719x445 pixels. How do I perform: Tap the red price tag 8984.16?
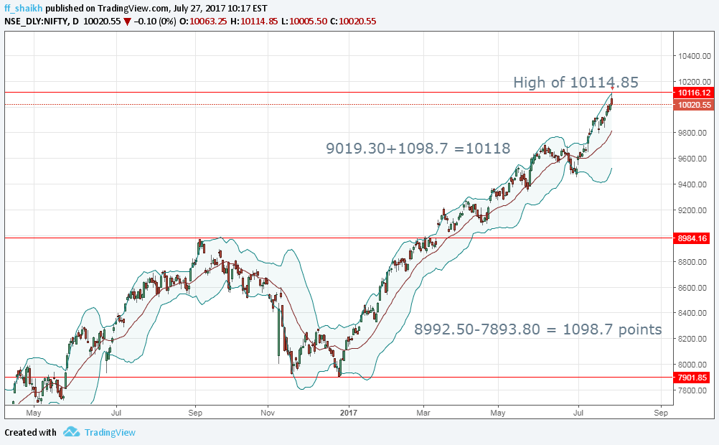point(692,238)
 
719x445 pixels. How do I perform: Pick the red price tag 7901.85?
point(692,378)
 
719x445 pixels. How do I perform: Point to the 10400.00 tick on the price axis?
point(695,55)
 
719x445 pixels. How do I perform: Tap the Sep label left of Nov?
point(195,413)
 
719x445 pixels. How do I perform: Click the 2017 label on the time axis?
point(349,413)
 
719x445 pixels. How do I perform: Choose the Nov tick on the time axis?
point(268,413)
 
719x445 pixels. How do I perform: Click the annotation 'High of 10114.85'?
point(575,83)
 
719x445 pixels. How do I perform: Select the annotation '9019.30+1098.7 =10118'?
point(418,149)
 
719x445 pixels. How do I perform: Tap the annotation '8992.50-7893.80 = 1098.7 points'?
point(538,329)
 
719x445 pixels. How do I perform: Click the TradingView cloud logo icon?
point(71,432)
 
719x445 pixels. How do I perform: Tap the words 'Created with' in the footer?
point(30,432)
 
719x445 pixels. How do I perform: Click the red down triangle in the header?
point(127,22)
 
